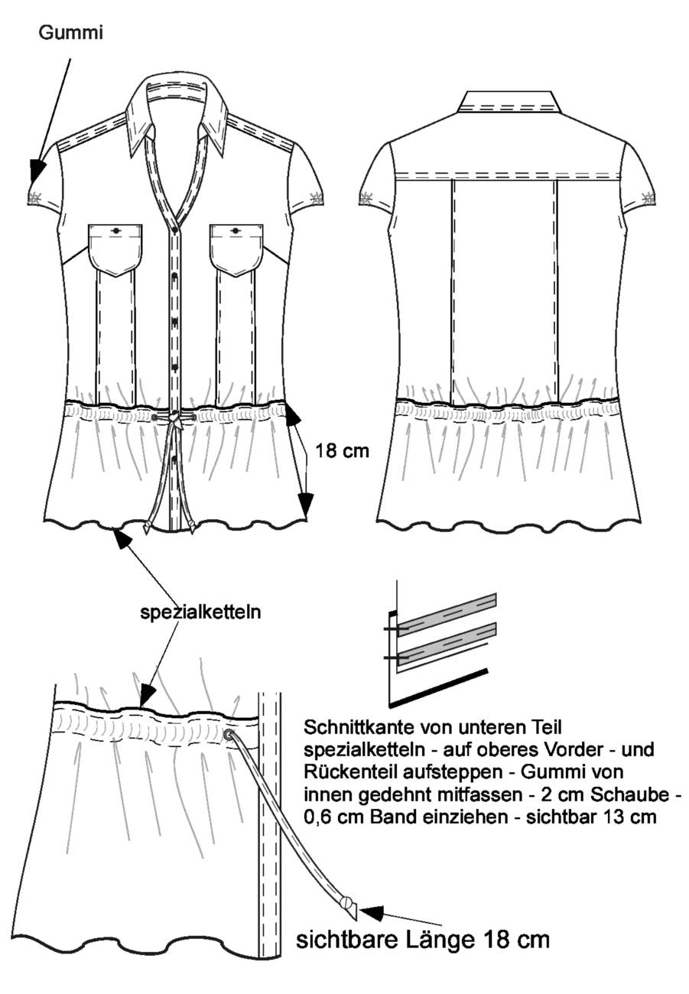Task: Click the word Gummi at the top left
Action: tap(70, 33)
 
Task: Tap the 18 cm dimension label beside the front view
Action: tap(342, 450)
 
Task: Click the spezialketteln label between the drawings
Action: tap(200, 612)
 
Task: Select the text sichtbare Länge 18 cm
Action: tap(423, 939)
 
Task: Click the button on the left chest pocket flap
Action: tap(116, 230)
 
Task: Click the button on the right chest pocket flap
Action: tap(235, 231)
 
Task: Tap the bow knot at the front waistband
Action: tap(175, 419)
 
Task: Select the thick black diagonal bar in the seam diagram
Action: tap(439, 687)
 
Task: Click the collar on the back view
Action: tap(509, 101)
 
